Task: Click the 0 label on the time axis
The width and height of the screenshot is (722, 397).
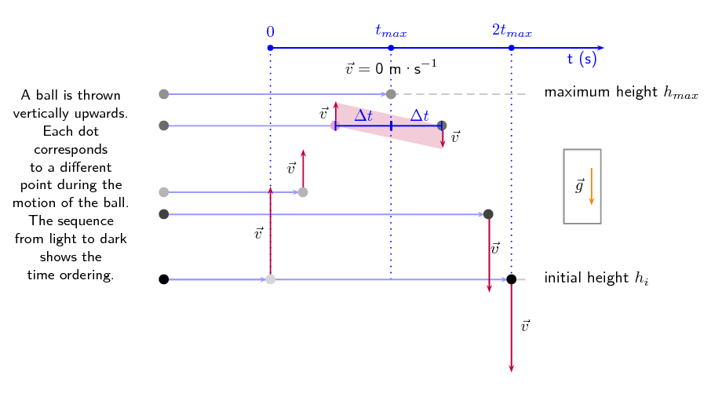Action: tap(270, 32)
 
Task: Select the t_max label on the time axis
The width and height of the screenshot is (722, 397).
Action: tap(391, 32)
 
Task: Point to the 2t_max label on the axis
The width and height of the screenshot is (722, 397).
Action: tap(512, 32)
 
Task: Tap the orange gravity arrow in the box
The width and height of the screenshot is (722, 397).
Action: tap(591, 186)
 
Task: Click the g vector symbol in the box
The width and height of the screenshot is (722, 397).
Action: tap(579, 187)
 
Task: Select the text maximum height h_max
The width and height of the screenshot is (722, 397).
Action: tap(621, 93)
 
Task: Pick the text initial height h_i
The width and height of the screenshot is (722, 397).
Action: tap(596, 279)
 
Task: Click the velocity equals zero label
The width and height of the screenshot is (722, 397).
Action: tap(391, 68)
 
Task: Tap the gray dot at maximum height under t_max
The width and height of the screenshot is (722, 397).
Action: tap(391, 94)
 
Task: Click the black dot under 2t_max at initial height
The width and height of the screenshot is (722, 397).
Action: tap(512, 279)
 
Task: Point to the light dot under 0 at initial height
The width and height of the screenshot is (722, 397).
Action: tap(270, 279)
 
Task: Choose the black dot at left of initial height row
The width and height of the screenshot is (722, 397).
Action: tap(163, 279)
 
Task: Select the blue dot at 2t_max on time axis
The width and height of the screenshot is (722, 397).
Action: tap(512, 48)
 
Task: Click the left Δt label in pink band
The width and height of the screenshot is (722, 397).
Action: tap(363, 115)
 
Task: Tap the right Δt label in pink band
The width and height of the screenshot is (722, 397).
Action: tap(420, 116)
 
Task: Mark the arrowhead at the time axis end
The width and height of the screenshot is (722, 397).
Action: tap(600, 48)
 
